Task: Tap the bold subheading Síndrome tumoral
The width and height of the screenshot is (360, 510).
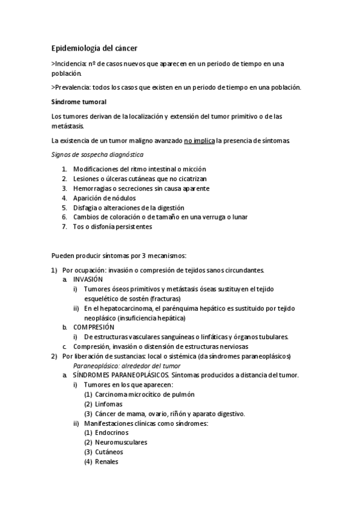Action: (x=79, y=102)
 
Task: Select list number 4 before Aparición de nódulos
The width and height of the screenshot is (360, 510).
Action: (x=64, y=198)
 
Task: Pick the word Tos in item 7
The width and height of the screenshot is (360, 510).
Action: (x=79, y=227)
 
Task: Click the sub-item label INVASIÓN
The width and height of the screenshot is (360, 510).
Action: (x=88, y=280)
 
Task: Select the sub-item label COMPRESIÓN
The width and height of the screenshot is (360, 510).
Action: (x=93, y=327)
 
